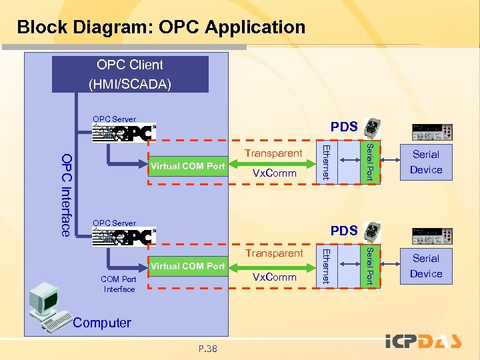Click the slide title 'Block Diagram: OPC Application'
pyautogui.click(x=161, y=27)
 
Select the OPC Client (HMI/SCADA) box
pyautogui.click(x=130, y=74)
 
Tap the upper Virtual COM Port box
pyautogui.click(x=188, y=166)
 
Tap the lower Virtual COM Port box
pyautogui.click(x=188, y=266)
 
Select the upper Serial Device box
pyautogui.click(x=426, y=162)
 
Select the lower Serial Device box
pyautogui.click(x=426, y=266)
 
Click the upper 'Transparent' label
pyautogui.click(x=273, y=153)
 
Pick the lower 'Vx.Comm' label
pyautogui.click(x=273, y=277)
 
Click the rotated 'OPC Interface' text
pyautogui.click(x=66, y=194)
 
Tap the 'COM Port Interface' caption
pyautogui.click(x=119, y=285)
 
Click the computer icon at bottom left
pyautogui.click(x=49, y=306)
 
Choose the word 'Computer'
pyautogui.click(x=102, y=323)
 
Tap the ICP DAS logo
pyautogui.click(x=423, y=342)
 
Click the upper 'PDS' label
pyautogui.click(x=344, y=127)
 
